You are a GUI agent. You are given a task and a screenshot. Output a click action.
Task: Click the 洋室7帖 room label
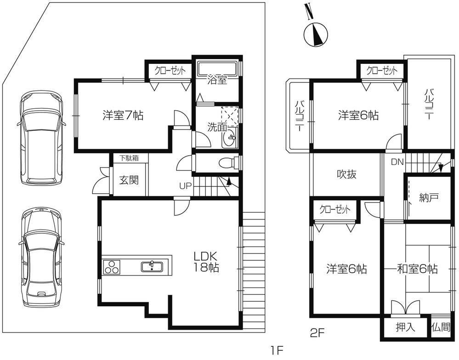123,116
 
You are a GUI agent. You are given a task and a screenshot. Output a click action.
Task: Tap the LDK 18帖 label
206,262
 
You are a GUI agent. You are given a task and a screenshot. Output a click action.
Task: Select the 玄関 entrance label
129,180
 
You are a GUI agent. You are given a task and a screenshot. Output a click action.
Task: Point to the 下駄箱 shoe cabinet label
129,158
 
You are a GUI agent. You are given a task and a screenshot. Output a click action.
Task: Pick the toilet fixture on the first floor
228,162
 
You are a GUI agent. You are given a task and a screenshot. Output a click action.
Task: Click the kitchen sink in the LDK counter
152,266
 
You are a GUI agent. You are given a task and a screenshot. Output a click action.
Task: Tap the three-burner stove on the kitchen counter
112,267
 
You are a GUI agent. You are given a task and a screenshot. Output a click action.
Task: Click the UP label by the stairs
186,186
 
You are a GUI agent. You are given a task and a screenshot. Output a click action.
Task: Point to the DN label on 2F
397,162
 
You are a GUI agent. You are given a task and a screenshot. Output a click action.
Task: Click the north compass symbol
316,34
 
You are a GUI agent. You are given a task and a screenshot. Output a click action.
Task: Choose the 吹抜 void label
346,174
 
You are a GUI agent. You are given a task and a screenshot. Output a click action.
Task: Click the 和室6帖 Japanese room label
417,269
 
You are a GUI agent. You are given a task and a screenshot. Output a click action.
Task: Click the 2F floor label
317,333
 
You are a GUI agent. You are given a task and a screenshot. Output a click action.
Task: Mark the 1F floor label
277,350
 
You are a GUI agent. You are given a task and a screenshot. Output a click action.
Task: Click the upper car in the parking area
41,137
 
